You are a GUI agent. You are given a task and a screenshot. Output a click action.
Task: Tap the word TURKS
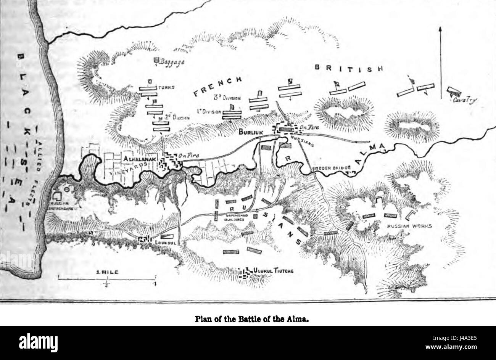coord(166,87)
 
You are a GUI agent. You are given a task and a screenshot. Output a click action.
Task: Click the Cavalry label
coord(465,100)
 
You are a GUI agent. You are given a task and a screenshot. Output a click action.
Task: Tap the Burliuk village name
coord(250,132)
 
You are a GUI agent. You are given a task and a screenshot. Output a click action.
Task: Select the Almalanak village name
coord(141,157)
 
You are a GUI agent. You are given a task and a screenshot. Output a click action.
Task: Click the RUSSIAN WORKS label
coord(409,226)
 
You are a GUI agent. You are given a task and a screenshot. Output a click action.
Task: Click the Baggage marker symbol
coord(156,60)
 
